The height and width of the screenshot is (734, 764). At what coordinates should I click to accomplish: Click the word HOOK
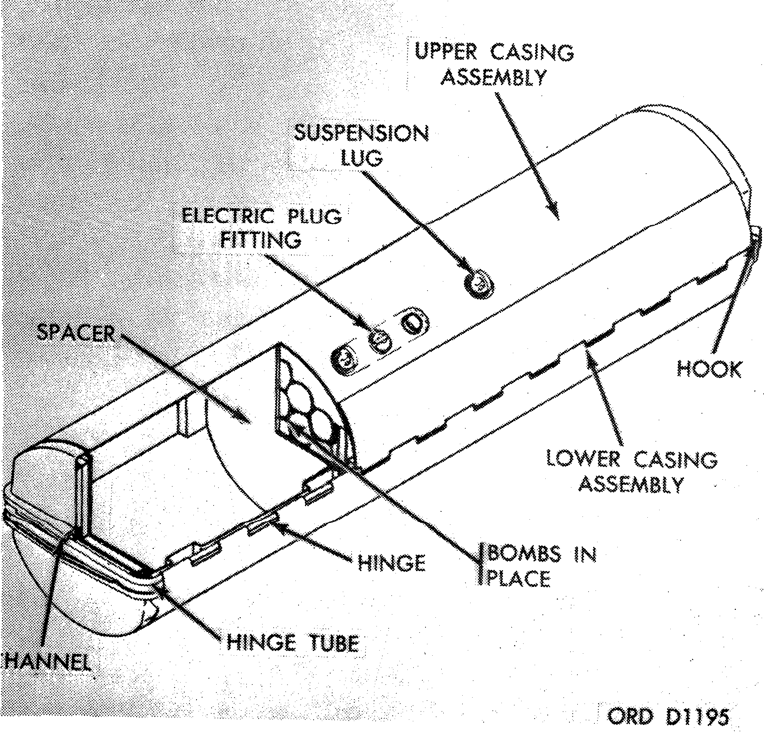click(x=709, y=369)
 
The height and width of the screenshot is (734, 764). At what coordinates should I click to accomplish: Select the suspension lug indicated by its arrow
click(x=480, y=282)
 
